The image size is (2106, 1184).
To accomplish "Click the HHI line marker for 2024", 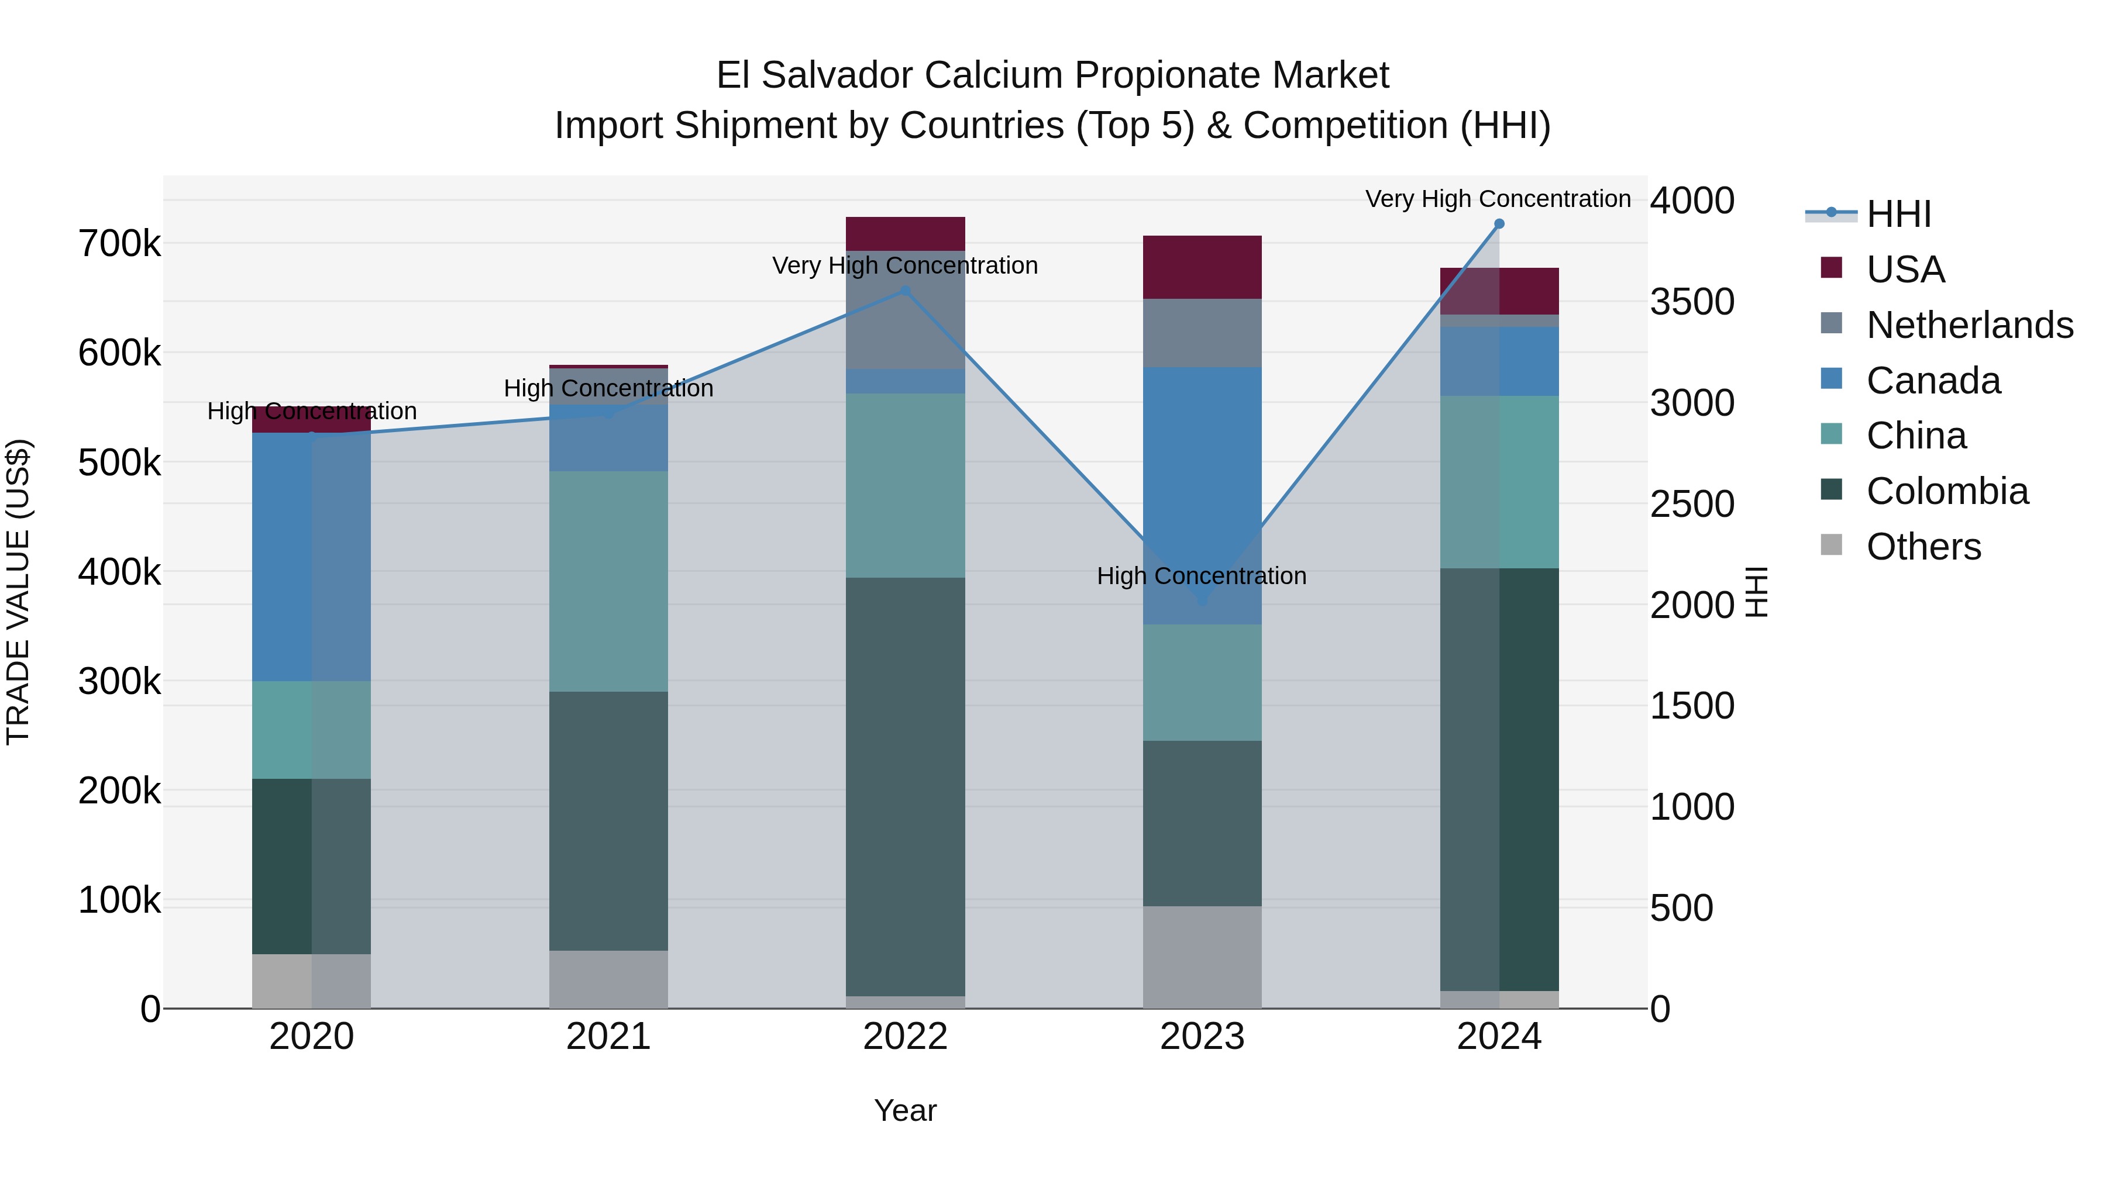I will [x=1499, y=224].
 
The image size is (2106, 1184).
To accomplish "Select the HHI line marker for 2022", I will [x=905, y=291].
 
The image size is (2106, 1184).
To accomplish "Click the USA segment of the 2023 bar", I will [x=1202, y=267].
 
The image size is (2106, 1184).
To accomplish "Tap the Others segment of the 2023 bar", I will [x=1202, y=956].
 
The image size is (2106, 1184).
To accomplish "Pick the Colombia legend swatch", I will [x=1831, y=491].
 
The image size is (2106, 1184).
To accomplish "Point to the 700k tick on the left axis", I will [x=120, y=243].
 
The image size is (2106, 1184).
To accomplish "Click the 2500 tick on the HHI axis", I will [x=1691, y=504].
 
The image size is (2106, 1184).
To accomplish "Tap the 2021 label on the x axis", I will [x=608, y=1037].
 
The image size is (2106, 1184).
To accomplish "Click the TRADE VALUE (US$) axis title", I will [x=18, y=592].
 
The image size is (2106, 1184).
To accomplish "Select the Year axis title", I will [x=905, y=1110].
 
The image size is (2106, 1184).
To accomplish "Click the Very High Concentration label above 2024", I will [x=1498, y=199].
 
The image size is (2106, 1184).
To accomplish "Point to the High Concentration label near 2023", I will [x=1201, y=576].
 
